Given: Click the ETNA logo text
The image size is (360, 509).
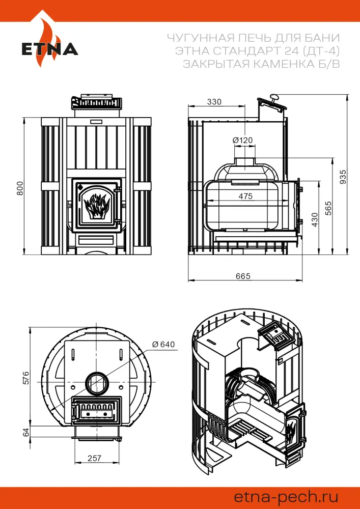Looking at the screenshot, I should click(49, 49).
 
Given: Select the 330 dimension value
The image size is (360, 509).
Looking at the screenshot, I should click(214, 102).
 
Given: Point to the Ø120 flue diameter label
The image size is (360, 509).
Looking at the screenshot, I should click(242, 140).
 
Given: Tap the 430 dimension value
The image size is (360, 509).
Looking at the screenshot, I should click(315, 219).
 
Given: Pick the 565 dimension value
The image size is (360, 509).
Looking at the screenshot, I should click(328, 209).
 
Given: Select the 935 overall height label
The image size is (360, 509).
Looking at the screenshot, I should click(343, 176).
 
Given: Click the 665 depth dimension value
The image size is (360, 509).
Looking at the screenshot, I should click(243, 276).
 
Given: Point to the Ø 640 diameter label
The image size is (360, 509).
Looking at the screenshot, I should click(163, 345).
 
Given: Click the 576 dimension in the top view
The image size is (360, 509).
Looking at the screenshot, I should click(26, 377).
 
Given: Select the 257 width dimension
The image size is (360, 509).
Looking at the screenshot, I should click(95, 458).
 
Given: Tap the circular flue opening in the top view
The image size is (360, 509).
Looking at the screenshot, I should click(96, 383).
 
